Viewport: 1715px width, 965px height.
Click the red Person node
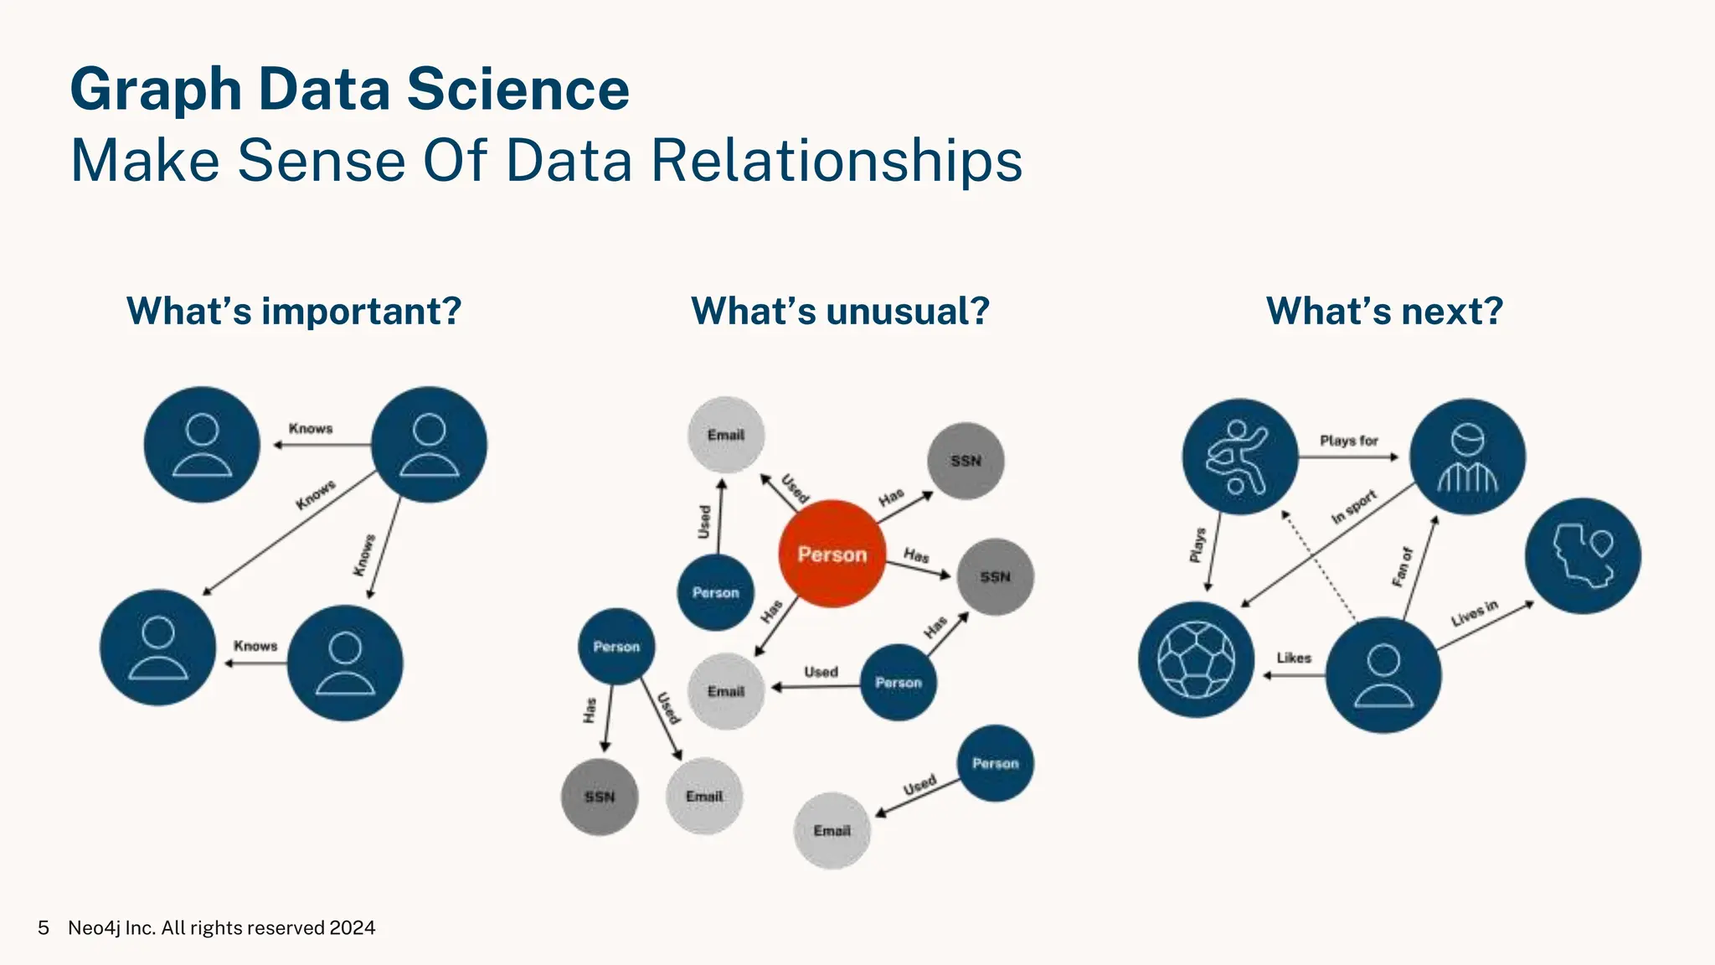tap(832, 554)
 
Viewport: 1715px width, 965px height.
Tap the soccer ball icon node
tap(1196, 659)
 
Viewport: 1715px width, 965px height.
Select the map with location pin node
tap(1582, 556)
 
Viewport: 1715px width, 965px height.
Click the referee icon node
tap(1467, 457)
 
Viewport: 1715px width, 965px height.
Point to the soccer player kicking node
tap(1239, 457)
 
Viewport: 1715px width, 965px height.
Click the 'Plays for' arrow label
tap(1348, 441)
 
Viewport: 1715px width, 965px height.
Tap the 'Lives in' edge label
tap(1475, 613)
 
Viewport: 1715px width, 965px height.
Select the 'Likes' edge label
tap(1294, 658)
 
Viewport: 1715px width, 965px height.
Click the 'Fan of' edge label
tap(1403, 567)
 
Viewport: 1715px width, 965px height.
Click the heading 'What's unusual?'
tap(840, 311)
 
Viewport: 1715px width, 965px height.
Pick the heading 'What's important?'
tap(294, 311)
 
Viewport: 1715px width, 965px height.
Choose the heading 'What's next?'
tap(1384, 311)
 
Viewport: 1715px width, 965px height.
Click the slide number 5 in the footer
tap(44, 928)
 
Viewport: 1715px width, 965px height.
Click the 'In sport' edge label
tap(1354, 507)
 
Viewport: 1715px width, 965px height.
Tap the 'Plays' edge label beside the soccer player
tap(1198, 544)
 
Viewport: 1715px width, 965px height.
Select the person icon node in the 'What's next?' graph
tap(1383, 674)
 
